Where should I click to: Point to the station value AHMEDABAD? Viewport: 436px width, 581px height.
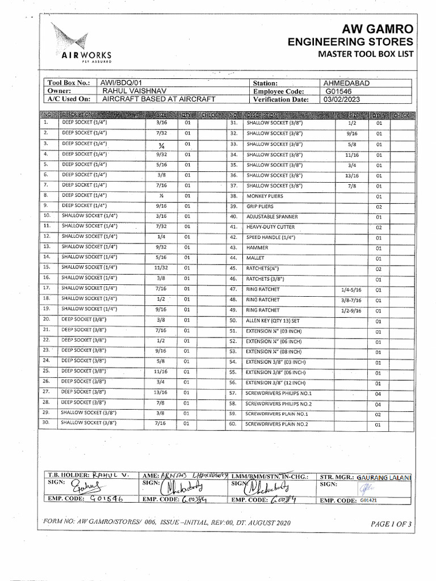click(x=346, y=83)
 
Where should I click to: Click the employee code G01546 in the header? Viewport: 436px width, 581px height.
click(x=339, y=91)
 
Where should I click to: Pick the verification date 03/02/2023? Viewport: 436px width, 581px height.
click(x=343, y=99)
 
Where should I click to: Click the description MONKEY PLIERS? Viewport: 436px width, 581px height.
click(x=265, y=196)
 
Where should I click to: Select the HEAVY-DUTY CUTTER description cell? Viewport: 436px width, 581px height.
click(x=271, y=227)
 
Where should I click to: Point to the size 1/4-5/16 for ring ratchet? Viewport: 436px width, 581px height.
click(x=351, y=289)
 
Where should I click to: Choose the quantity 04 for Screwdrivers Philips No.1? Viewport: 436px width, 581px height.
click(x=378, y=393)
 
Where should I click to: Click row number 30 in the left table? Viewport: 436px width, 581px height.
click(x=47, y=422)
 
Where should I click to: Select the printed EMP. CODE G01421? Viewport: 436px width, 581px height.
click(x=368, y=500)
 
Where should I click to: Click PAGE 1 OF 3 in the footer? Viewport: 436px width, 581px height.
click(x=391, y=524)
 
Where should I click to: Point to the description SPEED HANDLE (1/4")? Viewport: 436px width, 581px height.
click(x=271, y=237)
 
